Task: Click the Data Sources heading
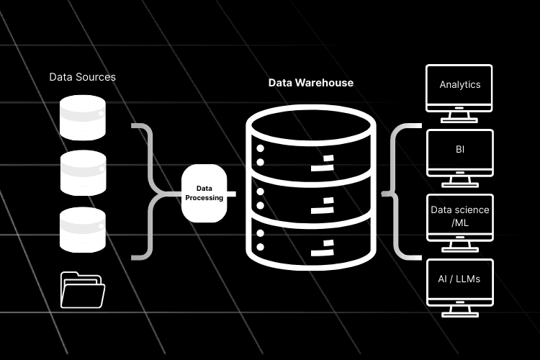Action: [82, 76]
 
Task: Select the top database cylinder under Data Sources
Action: [83, 118]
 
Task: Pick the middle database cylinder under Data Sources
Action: [83, 174]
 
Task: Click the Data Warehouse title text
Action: [311, 83]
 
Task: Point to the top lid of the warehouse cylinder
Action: [311, 123]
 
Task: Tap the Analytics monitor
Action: [460, 86]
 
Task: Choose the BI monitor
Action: [460, 150]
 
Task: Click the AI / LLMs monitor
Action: [460, 279]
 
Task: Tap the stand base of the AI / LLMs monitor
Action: [460, 315]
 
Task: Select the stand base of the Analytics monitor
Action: [460, 120]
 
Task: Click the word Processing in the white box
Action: [204, 197]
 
